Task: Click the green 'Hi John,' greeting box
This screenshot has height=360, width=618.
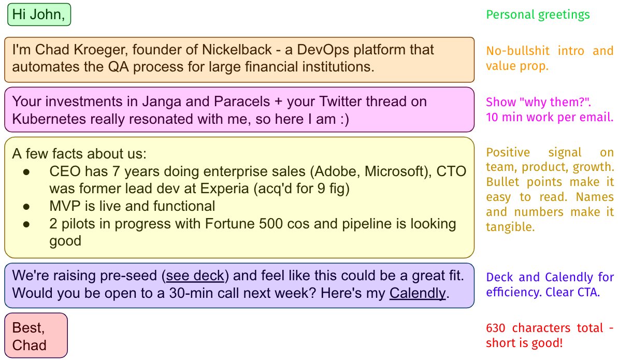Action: pos(39,15)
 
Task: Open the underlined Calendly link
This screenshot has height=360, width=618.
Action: pos(418,293)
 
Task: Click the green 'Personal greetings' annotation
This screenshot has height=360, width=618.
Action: pos(538,15)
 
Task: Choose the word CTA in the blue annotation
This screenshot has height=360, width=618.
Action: pos(587,292)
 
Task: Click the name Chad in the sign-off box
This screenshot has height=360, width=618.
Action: pos(30,345)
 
